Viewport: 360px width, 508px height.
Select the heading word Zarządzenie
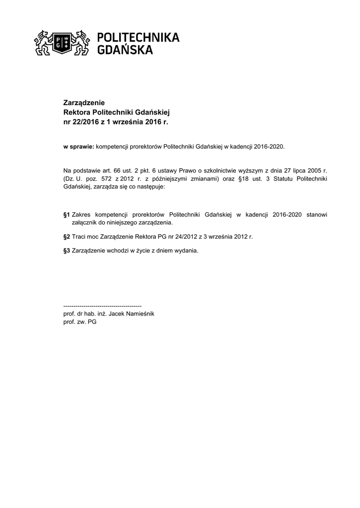tap(84, 103)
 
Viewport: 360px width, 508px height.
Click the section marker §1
tap(67, 214)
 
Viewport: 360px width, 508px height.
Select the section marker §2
tap(67, 237)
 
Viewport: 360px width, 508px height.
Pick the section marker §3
tap(67, 251)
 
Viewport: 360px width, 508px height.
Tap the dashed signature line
tap(103, 306)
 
